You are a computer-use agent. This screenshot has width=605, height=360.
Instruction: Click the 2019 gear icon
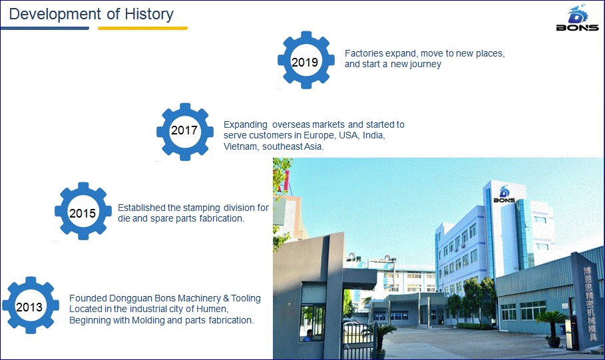306,60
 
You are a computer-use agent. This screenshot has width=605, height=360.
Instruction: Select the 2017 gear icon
185,132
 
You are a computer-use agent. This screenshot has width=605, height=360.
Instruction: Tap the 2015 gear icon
83,211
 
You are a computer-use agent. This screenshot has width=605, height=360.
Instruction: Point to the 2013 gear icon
31,305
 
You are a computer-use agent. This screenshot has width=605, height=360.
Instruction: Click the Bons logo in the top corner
577,17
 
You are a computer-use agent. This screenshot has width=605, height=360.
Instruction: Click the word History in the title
149,14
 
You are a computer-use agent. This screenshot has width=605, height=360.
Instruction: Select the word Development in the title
55,14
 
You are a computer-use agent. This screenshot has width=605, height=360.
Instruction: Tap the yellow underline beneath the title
142,28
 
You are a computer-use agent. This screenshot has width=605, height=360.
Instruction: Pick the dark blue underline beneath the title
45,28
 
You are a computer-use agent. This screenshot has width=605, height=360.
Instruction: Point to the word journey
426,65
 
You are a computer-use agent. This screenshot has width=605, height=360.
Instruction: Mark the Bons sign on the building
504,195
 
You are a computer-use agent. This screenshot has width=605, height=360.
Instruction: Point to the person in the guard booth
308,335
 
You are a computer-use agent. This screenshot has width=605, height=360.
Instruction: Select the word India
373,136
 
